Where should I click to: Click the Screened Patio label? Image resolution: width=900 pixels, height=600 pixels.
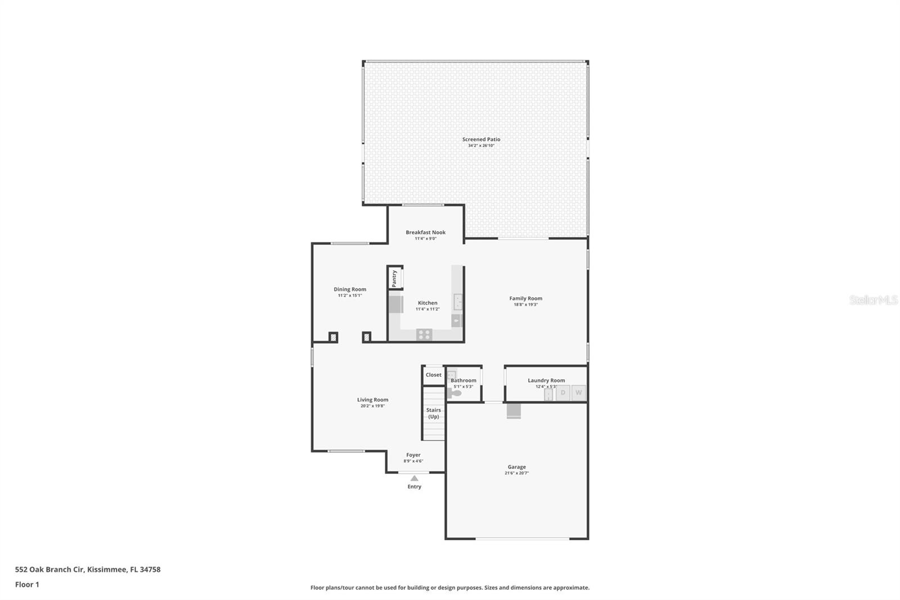click(x=481, y=139)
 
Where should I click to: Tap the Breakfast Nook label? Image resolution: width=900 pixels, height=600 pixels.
click(x=425, y=232)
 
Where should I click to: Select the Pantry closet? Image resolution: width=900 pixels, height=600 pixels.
click(x=395, y=278)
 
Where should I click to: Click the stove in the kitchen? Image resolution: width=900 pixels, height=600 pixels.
click(x=424, y=335)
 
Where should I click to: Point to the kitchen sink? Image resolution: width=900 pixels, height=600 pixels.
click(x=458, y=302)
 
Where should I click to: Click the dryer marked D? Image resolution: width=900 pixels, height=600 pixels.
click(x=562, y=393)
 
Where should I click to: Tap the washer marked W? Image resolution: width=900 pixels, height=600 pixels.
click(x=578, y=393)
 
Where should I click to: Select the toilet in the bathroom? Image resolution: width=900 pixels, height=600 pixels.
click(x=455, y=393)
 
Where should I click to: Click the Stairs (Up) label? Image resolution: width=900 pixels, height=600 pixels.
click(x=433, y=413)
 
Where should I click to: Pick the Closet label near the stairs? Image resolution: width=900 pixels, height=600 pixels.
click(x=433, y=375)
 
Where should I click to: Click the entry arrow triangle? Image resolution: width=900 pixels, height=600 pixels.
click(x=414, y=478)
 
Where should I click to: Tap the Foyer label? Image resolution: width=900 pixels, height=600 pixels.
click(x=413, y=455)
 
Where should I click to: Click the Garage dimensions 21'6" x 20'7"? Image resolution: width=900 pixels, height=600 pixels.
click(x=516, y=473)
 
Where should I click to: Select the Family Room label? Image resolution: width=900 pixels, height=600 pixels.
click(x=525, y=298)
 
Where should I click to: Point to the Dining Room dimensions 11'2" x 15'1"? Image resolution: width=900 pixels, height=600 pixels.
click(x=349, y=295)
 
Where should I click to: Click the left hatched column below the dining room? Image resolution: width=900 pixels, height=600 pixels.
click(x=333, y=337)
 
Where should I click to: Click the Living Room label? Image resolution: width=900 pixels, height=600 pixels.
click(x=372, y=400)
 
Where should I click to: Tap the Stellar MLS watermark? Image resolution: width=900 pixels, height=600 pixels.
click(x=873, y=301)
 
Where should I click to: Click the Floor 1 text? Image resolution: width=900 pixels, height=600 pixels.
click(x=27, y=584)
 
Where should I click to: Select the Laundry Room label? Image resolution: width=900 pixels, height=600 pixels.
click(x=546, y=380)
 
